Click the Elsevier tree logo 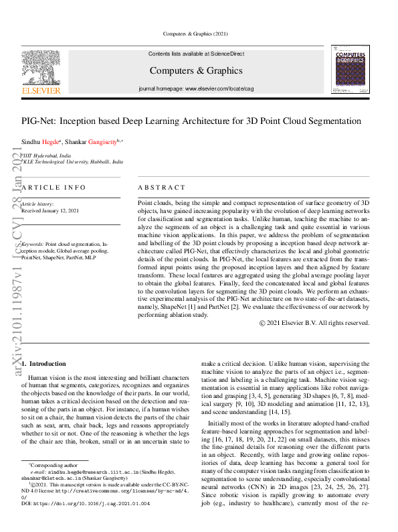pyautogui.click(x=41, y=68)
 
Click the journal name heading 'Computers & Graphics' pyautogui.click(x=195, y=70)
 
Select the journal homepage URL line pyautogui.click(x=195, y=88)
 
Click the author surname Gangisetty pyautogui.click(x=99, y=142)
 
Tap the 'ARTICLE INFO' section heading pyautogui.click(x=54, y=188)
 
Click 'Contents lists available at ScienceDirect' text pyautogui.click(x=195, y=54)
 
